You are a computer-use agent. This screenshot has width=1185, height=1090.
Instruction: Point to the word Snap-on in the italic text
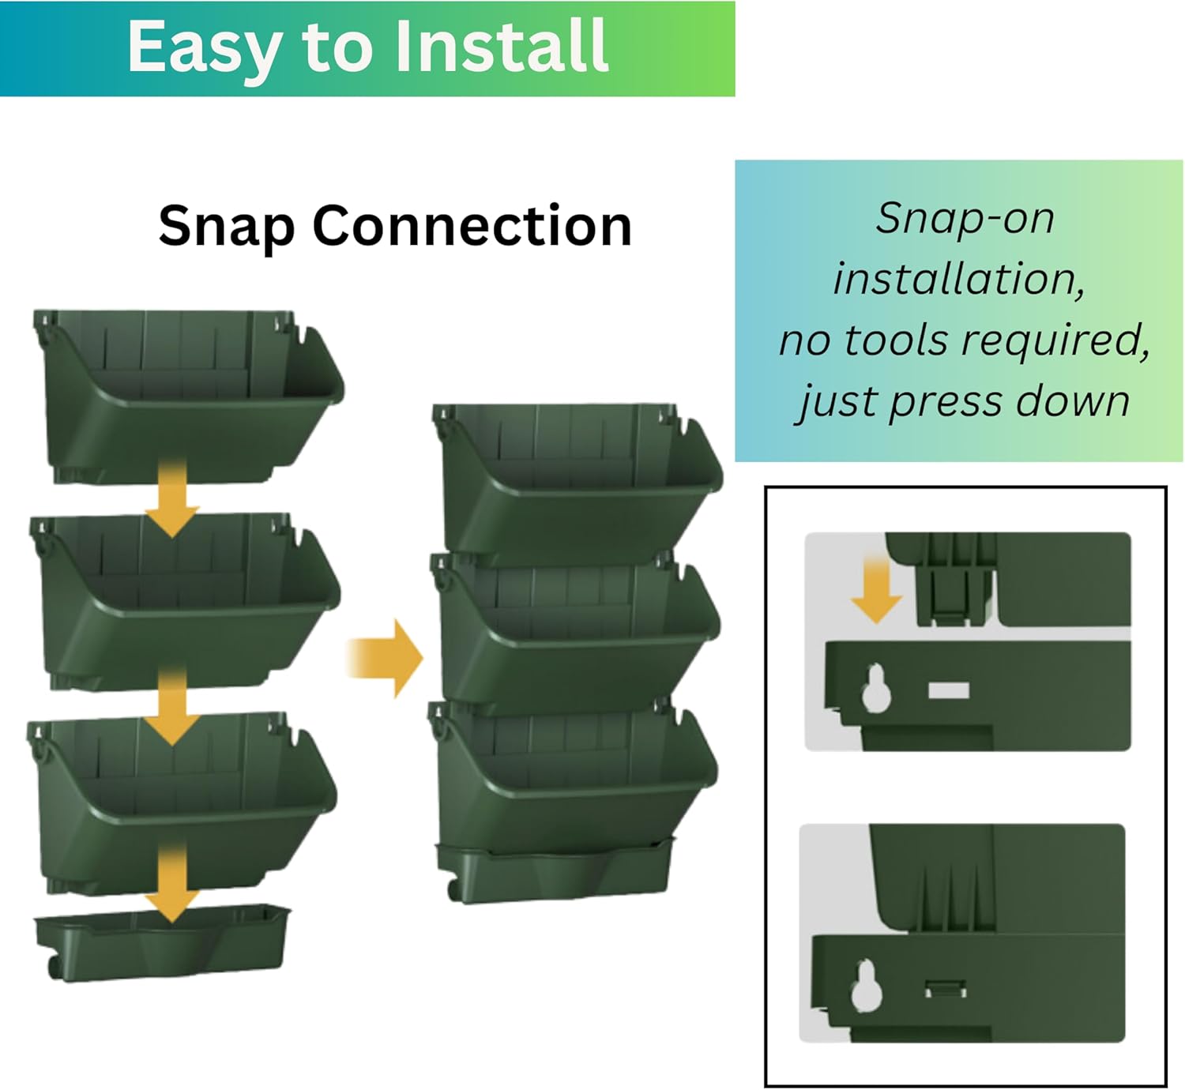coord(965,218)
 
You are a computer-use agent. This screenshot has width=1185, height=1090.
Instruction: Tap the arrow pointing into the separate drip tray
coord(172,881)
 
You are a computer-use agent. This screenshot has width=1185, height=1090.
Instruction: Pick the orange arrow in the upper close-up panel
coord(876,589)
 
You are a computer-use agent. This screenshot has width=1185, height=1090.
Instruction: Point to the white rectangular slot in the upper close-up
coord(948,690)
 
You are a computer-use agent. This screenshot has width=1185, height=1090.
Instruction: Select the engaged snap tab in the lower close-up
coord(946,988)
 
